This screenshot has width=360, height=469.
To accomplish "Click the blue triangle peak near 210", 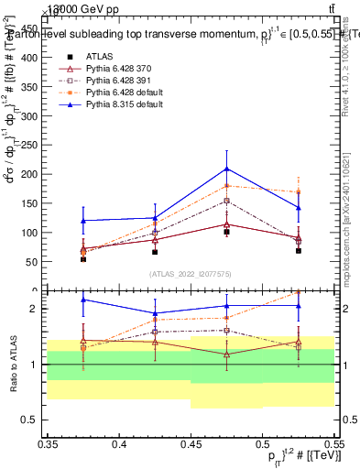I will point(226,169).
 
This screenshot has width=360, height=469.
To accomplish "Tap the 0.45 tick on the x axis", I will point(191,435).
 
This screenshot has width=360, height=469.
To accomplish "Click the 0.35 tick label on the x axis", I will point(48,444).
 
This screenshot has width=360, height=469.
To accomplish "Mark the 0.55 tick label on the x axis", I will point(333,444).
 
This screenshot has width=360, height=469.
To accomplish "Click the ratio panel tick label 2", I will point(38,309).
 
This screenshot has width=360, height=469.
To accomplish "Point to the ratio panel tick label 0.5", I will point(34,420).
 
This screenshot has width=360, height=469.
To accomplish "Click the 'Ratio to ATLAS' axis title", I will point(12,364).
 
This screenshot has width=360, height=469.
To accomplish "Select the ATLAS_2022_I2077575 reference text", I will point(191,274).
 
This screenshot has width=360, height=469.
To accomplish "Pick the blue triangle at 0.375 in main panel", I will point(83,221).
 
